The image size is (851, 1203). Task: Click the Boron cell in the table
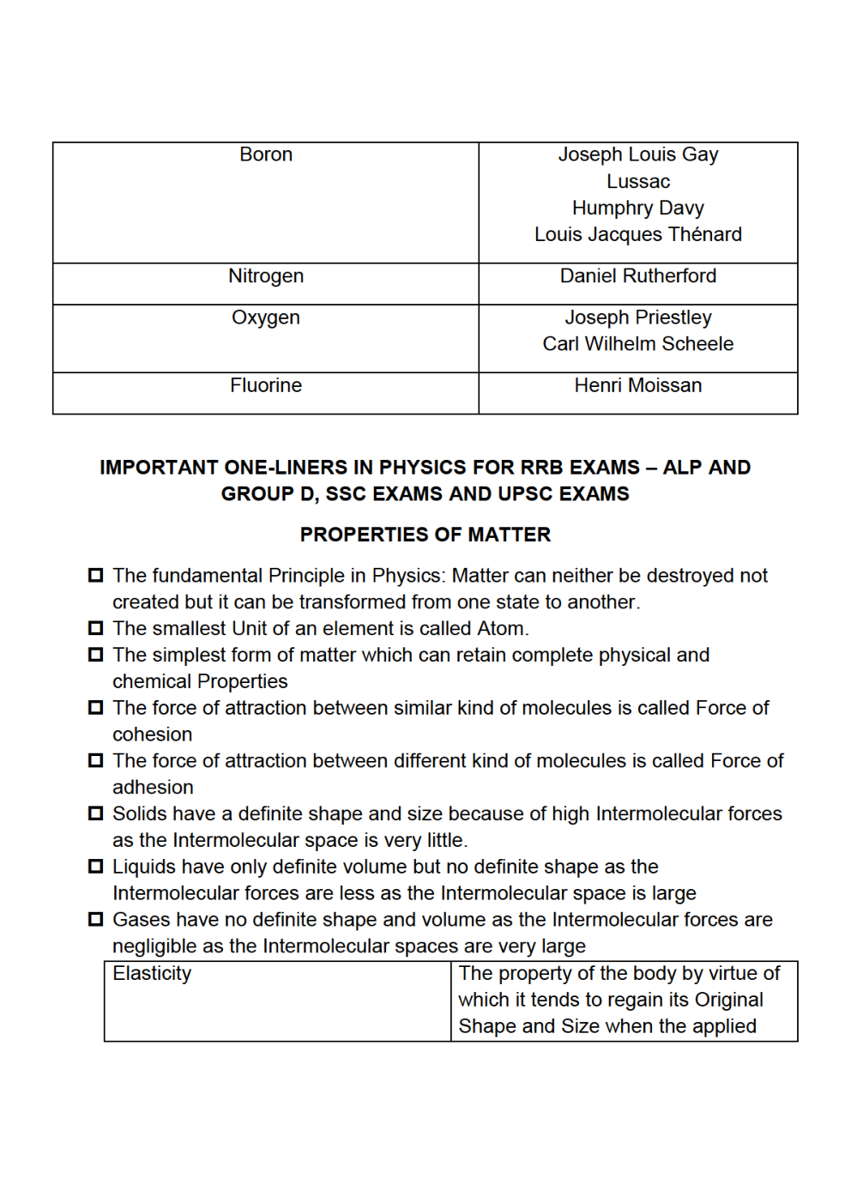pos(266,154)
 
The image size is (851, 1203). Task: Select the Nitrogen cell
pos(266,276)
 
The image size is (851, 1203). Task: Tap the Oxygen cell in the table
pos(266,317)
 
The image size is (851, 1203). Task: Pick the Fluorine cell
pos(266,385)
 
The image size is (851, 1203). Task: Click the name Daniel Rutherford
pos(637,276)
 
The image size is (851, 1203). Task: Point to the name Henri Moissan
pos(637,385)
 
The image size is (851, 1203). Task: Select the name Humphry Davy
pos(637,208)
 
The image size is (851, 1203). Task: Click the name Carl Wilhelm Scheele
pos(637,344)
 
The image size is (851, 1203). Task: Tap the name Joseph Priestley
pos(637,317)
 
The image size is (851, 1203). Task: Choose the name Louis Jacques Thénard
pos(637,234)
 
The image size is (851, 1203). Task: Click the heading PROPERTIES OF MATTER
pos(425,535)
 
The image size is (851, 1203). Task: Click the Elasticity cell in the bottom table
pos(152,973)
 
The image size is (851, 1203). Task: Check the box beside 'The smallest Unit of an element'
pos(96,628)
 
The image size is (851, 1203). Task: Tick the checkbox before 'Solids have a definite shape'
pos(96,813)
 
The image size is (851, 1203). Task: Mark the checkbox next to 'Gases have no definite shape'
pos(96,920)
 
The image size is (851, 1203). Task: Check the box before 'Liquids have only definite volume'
pos(96,867)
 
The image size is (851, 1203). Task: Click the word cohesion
pos(152,734)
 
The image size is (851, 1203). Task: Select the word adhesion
pos(153,788)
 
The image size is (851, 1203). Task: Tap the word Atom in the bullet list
pos(502,629)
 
